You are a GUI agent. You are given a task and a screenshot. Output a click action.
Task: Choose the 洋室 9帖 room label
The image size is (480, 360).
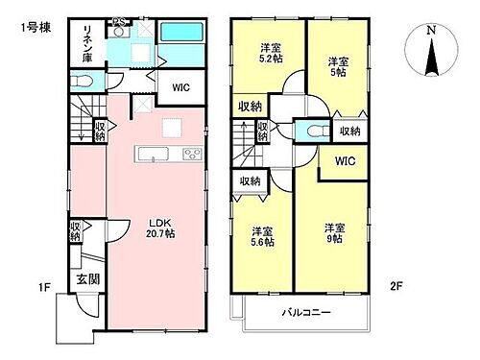pyautogui.click(x=333, y=234)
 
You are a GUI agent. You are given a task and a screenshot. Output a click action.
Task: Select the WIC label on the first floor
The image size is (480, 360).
pyautogui.click(x=180, y=86)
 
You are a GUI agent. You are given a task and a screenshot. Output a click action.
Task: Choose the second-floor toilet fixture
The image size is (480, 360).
pyautogui.click(x=310, y=131)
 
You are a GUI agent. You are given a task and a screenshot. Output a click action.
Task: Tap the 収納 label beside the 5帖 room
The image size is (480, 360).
pyautogui.click(x=349, y=131)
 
